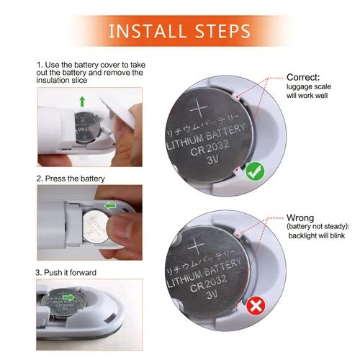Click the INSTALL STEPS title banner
(179, 31)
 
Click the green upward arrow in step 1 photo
(82, 100)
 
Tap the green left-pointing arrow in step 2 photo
(110, 207)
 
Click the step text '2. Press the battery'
(71, 178)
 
